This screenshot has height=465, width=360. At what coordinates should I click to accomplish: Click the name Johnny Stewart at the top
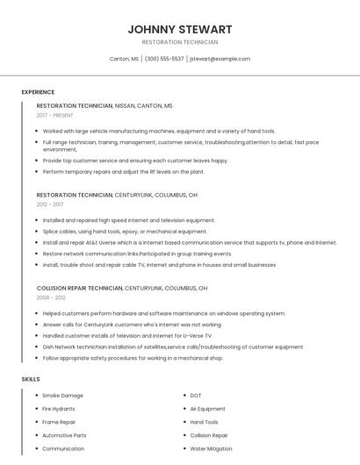tap(179, 29)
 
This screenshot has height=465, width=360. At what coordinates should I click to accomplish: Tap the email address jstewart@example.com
tap(220, 59)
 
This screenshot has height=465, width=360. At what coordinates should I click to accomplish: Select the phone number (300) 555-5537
tap(164, 59)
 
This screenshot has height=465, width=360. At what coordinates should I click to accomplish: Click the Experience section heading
tap(38, 92)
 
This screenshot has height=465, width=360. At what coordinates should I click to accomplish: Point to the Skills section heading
tap(31, 379)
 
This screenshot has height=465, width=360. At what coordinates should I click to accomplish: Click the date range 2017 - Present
tap(54, 115)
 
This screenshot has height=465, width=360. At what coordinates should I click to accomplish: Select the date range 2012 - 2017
tap(50, 204)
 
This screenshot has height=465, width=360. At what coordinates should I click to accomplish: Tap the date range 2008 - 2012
tap(50, 297)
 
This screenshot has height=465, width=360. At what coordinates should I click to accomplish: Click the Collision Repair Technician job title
tap(80, 288)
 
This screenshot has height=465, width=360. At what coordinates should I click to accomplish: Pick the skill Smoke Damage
tap(62, 396)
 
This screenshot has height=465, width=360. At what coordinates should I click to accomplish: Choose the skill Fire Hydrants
tap(59, 409)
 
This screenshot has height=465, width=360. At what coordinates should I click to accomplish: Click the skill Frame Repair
tap(59, 422)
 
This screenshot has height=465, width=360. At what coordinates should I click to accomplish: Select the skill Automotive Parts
tap(64, 435)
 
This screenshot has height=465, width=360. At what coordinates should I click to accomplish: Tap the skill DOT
tap(196, 396)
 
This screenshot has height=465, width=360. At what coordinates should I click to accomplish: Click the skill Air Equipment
tap(207, 409)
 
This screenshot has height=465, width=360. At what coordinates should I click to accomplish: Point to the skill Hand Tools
tap(205, 422)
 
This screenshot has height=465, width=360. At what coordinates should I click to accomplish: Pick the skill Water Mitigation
tap(211, 448)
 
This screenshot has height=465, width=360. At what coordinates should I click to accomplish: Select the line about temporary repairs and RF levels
tap(123, 171)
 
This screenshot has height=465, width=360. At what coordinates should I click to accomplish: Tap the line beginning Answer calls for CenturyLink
tap(132, 324)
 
